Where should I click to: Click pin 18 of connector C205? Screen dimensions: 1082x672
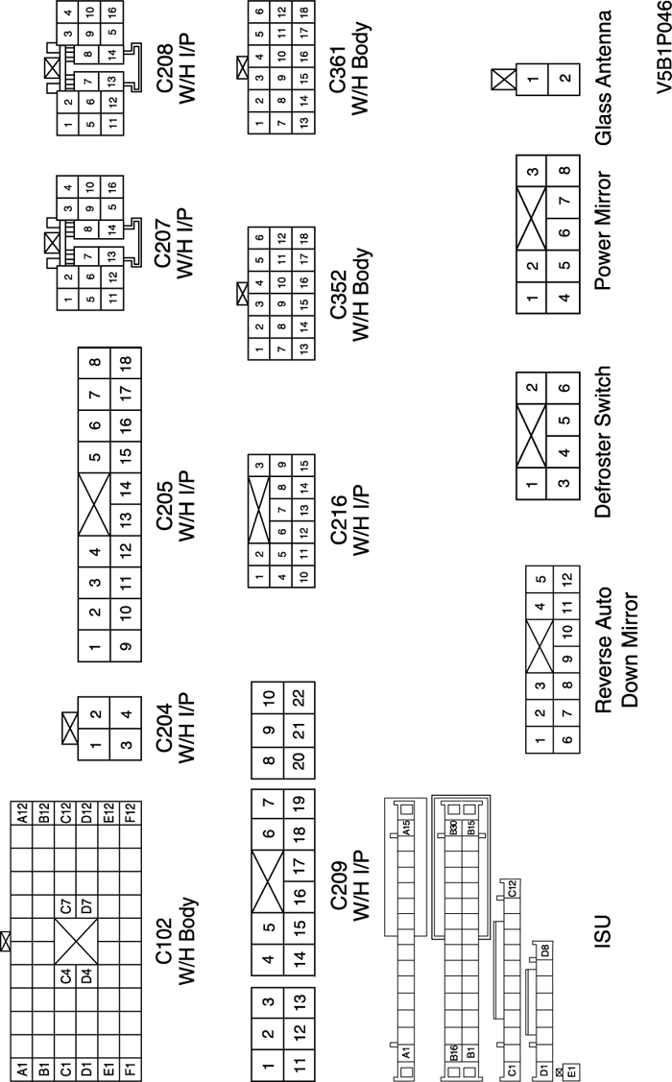coord(126,361)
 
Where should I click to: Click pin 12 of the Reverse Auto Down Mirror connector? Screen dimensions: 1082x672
coord(566,580)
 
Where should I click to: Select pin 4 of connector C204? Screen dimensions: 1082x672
coord(126,713)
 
